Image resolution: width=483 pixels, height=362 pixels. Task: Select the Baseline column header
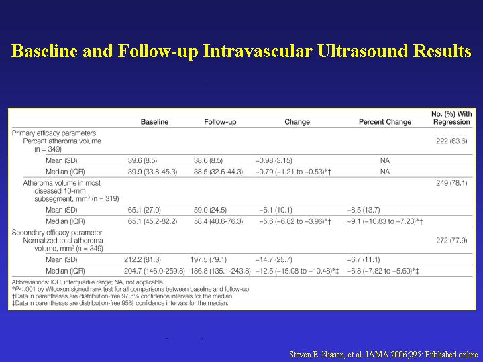pos(154,122)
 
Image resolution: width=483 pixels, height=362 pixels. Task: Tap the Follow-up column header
pos(220,122)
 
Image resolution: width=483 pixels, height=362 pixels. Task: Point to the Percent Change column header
pos(385,122)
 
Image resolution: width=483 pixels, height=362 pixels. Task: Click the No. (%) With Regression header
pos(451,118)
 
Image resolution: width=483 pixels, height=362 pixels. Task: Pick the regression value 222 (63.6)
pos(451,141)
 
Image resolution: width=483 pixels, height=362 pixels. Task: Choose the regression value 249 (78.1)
pos(451,183)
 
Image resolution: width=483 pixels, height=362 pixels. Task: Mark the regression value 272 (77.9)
pos(451,241)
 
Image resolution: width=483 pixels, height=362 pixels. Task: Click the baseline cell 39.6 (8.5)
pos(142,160)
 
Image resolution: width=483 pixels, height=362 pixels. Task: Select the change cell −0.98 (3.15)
pos(274,160)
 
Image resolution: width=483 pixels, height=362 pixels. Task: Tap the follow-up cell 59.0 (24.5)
pos(210,210)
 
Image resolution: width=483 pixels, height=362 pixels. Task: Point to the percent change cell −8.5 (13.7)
pos(363,210)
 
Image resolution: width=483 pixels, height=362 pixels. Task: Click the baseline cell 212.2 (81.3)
pos(142,260)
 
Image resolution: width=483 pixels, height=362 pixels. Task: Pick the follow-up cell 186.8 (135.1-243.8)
pos(220,271)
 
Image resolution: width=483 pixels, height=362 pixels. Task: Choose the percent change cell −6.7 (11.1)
pos(363,260)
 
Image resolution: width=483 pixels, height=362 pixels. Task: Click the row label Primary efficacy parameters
pos(54,133)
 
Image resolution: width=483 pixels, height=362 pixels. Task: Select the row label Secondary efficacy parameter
pos(57,233)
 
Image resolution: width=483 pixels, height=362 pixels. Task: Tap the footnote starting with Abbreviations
pos(88,282)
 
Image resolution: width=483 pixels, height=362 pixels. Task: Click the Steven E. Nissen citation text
pos(384,355)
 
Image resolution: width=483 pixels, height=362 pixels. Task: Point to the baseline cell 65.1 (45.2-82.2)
pos(152,221)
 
